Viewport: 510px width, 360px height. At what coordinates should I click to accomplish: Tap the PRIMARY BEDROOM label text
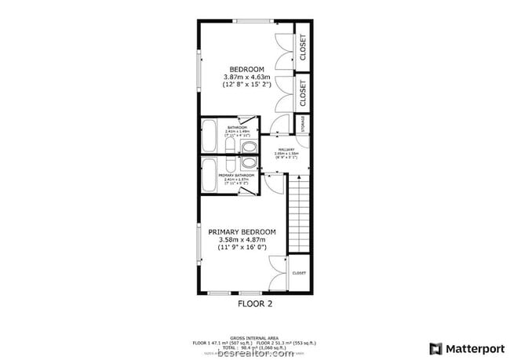242,232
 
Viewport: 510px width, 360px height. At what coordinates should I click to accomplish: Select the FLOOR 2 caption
255,301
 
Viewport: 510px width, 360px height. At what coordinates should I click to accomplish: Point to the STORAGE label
302,124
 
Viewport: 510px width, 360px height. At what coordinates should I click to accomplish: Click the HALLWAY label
285,149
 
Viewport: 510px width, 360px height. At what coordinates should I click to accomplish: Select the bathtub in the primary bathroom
209,176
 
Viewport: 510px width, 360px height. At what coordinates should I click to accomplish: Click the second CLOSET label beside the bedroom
303,93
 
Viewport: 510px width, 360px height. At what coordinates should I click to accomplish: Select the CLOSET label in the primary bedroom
299,273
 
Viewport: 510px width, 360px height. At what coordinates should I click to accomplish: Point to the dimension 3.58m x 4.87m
242,241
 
